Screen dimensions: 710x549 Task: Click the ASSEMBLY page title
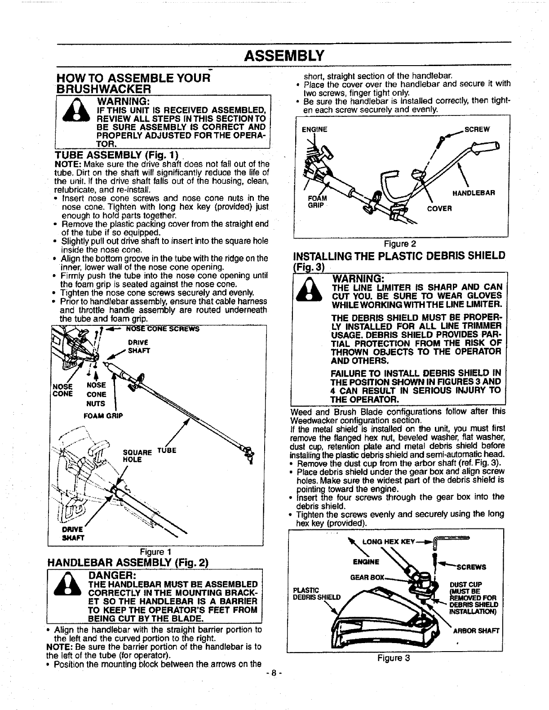click(284, 56)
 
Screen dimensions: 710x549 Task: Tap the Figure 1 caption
click(155, 551)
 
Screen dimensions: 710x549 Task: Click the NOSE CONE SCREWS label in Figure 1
click(163, 328)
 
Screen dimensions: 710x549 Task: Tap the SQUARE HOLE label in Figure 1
click(134, 455)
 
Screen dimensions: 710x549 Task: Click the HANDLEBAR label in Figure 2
click(474, 193)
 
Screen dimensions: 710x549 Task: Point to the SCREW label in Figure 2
click(477, 129)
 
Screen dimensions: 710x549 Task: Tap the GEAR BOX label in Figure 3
click(367, 577)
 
